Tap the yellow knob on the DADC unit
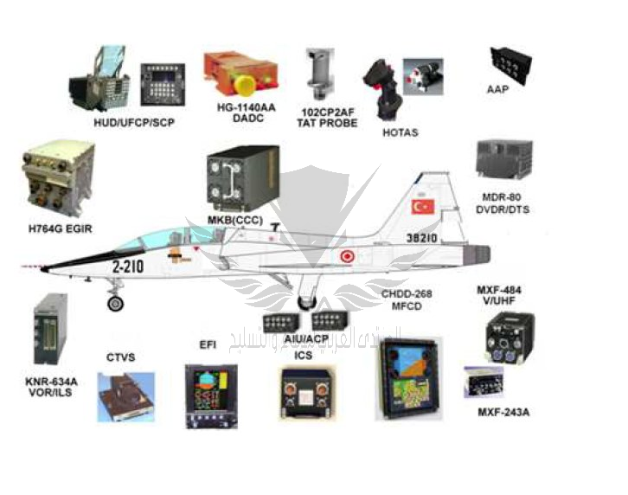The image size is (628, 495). pos(247,87)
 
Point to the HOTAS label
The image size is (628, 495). pos(400,132)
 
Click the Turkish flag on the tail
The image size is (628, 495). pos(422,207)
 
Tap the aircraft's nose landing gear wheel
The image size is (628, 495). pos(115,302)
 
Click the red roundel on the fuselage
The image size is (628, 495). pos(348,256)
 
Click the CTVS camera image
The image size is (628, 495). pos(125,396)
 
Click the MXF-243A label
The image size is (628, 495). pos(503,412)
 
